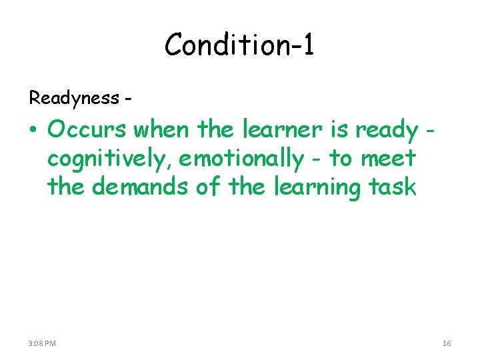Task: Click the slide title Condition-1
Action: coord(239,45)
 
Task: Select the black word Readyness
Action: coord(73,99)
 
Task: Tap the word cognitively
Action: coord(109,159)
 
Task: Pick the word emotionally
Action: coord(241,159)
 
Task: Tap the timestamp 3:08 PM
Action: coord(43,343)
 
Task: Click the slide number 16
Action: coord(447,343)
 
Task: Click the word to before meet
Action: coord(340,159)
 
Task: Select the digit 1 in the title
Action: coord(307,45)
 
